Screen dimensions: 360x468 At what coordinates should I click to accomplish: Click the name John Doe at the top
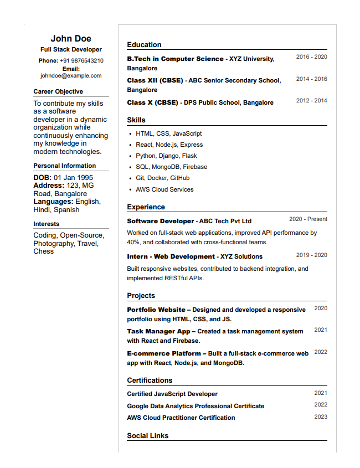pyautogui.click(x=71, y=38)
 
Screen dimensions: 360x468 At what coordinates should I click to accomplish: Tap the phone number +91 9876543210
pyautogui.click(x=81, y=60)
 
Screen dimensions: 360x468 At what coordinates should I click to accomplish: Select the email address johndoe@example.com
pyautogui.click(x=71, y=75)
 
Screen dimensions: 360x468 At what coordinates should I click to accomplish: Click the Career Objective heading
pyautogui.click(x=58, y=91)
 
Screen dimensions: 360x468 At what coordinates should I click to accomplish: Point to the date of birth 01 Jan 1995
pyautogui.click(x=73, y=178)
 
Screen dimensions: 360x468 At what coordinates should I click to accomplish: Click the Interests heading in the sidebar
pyautogui.click(x=46, y=224)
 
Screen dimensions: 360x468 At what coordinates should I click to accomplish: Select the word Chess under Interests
pyautogui.click(x=44, y=251)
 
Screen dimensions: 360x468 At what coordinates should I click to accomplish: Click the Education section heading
pyautogui.click(x=144, y=45)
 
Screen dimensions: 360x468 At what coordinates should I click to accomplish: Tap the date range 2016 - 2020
pyautogui.click(x=311, y=56)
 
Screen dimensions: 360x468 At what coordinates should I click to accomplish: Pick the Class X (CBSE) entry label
pyautogui.click(x=152, y=102)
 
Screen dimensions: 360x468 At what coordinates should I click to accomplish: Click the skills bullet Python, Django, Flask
pyautogui.click(x=166, y=156)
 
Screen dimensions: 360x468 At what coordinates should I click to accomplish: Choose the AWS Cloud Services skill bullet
pyautogui.click(x=164, y=189)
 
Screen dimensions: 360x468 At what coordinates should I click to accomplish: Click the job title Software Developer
pyautogui.click(x=161, y=221)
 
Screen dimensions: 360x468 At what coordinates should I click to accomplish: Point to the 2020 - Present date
pyautogui.click(x=308, y=219)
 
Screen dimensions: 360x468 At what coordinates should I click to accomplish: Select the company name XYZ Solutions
pyautogui.click(x=241, y=256)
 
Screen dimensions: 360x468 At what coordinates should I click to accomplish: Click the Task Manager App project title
pyautogui.click(x=158, y=331)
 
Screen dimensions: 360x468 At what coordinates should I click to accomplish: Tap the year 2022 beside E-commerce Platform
pyautogui.click(x=321, y=352)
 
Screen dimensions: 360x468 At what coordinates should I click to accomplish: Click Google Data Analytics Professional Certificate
pyautogui.click(x=196, y=406)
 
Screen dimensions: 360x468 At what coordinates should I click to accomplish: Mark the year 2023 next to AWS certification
pyautogui.click(x=321, y=416)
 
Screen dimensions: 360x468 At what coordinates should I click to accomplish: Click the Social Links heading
pyautogui.click(x=147, y=436)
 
